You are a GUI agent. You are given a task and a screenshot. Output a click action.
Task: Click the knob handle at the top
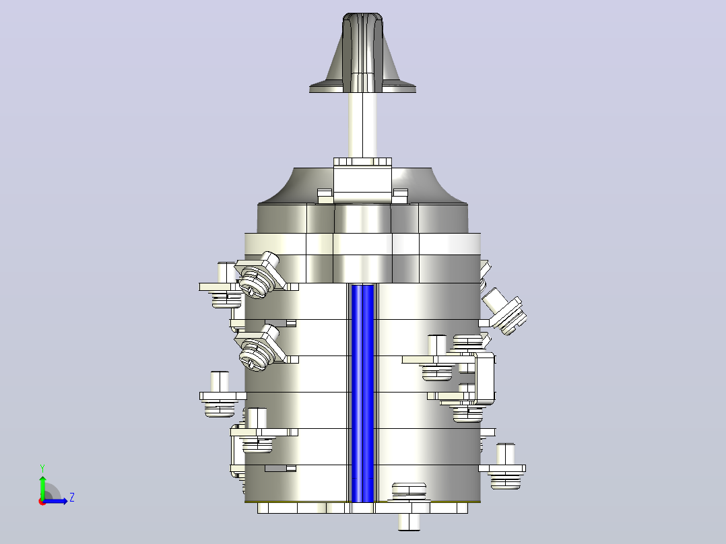[362, 51]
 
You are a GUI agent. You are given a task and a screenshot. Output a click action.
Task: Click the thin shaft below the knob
[362, 125]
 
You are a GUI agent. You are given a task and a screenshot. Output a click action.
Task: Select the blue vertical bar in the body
[362, 394]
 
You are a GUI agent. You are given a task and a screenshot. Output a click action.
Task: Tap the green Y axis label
[42, 469]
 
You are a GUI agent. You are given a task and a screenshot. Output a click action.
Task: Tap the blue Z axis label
[72, 498]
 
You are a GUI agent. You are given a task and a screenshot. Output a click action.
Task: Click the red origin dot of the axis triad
[42, 502]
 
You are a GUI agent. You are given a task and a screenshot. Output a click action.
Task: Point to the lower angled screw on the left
[259, 348]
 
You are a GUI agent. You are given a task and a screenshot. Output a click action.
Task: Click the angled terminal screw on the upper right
[504, 311]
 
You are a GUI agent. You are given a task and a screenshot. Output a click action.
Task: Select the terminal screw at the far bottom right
[504, 467]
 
